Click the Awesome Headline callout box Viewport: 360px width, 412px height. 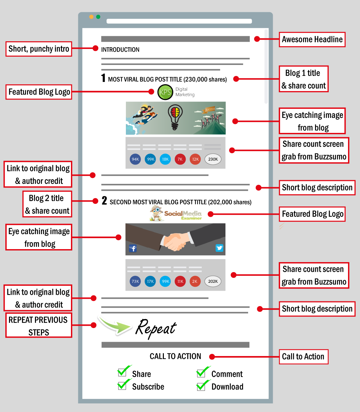click(x=312, y=39)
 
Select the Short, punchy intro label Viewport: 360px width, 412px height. click(x=39, y=49)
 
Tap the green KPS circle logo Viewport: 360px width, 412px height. click(x=165, y=92)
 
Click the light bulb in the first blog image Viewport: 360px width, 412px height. click(x=175, y=117)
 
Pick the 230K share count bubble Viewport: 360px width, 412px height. click(x=213, y=159)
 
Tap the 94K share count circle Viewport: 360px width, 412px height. click(x=135, y=159)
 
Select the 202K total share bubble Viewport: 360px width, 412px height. click(x=213, y=281)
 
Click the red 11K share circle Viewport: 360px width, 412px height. click(x=180, y=281)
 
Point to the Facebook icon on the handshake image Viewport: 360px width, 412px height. click(x=133, y=248)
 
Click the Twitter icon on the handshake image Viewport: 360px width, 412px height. click(x=219, y=248)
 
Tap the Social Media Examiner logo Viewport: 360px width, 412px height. click(x=176, y=213)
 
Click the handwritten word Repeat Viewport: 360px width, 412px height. click(x=156, y=328)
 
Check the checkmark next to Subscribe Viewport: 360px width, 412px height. click(x=123, y=385)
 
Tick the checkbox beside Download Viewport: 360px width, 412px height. click(x=201, y=385)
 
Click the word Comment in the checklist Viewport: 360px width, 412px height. click(x=227, y=374)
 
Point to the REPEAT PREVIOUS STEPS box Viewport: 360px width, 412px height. click(x=39, y=326)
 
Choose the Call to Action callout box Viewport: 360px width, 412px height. click(x=303, y=357)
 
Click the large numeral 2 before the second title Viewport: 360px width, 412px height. click(x=104, y=201)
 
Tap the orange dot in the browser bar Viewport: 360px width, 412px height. click(x=91, y=17)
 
